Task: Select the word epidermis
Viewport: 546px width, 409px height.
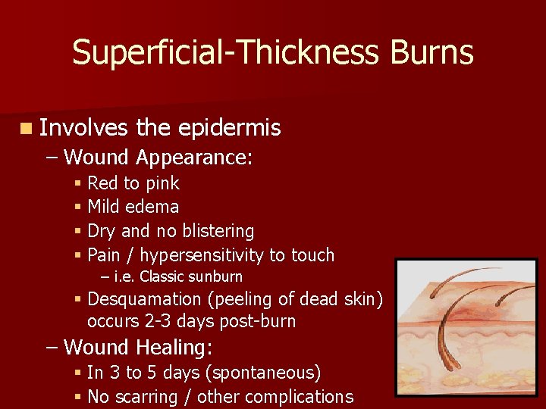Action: tap(229, 129)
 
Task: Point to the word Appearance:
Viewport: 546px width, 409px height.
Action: tap(194, 158)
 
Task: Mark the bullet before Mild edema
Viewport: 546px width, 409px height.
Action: tap(79, 207)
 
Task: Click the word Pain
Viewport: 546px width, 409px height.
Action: tap(105, 255)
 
